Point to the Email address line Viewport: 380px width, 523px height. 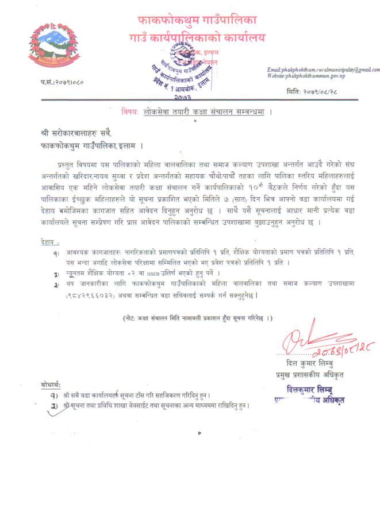pos(324,70)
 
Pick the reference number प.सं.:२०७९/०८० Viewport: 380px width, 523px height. pos(62,83)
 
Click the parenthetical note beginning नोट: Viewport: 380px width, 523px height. pos(197,318)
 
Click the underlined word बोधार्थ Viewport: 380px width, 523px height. pos(51,384)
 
